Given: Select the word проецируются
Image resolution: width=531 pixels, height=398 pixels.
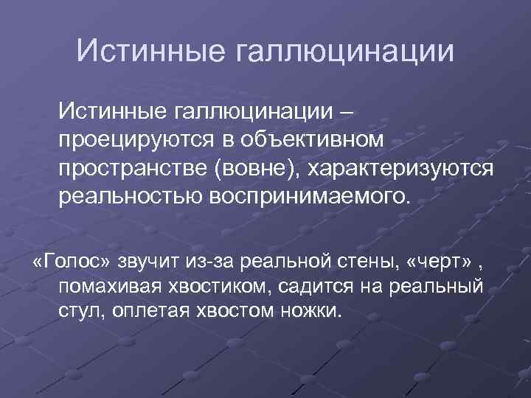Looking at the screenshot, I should click(x=136, y=140).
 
